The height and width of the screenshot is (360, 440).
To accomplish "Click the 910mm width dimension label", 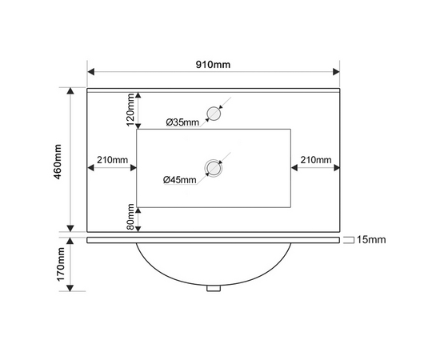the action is click(213, 65).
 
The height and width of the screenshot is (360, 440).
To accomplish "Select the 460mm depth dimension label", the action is click(58, 162).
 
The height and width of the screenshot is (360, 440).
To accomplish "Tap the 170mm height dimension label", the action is click(61, 264).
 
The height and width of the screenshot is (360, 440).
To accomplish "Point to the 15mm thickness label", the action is click(371, 240).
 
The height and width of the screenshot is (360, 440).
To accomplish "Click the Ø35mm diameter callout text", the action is click(182, 122).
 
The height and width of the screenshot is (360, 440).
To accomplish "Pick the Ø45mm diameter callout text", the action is click(180, 179).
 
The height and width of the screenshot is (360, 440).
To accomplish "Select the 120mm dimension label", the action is click(130, 110).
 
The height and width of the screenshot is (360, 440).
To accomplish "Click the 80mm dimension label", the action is click(130, 217).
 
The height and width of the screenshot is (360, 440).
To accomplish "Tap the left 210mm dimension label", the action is click(112, 160).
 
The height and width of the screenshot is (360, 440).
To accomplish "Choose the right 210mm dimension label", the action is click(316, 160).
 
